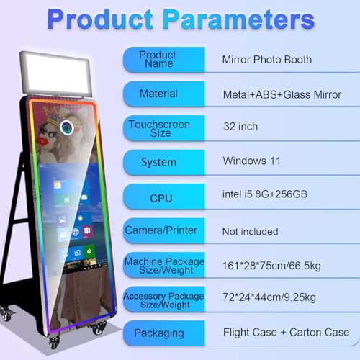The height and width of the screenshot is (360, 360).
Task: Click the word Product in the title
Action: (x=100, y=19)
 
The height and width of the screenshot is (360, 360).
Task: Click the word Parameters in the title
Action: (x=239, y=19)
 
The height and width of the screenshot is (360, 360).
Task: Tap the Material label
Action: (x=158, y=94)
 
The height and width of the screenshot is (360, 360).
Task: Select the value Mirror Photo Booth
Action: (x=267, y=60)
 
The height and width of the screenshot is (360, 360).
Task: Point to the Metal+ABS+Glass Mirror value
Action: (x=282, y=94)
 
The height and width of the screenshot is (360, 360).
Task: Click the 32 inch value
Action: (x=240, y=127)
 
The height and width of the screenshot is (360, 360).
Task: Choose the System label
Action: (x=158, y=163)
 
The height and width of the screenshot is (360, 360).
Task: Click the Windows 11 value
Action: (x=251, y=161)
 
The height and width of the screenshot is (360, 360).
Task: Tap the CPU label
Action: (x=161, y=199)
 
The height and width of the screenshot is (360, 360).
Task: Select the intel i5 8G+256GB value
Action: (x=265, y=194)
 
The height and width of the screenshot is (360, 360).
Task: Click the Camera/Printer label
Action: (x=161, y=230)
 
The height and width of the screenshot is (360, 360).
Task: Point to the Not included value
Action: (x=251, y=232)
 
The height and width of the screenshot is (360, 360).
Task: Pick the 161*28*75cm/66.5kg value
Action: (x=271, y=266)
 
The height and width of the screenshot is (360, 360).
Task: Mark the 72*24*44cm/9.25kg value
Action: (x=269, y=297)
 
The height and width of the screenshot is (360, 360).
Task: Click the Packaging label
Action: (x=159, y=333)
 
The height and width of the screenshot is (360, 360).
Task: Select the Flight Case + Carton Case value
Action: (x=286, y=333)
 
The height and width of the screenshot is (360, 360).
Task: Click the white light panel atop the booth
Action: (x=55, y=74)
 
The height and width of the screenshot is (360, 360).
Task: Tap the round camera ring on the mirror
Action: (x=67, y=127)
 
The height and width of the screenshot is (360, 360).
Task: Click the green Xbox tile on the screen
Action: (x=89, y=251)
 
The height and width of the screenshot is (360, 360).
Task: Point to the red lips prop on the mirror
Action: (x=42, y=141)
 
